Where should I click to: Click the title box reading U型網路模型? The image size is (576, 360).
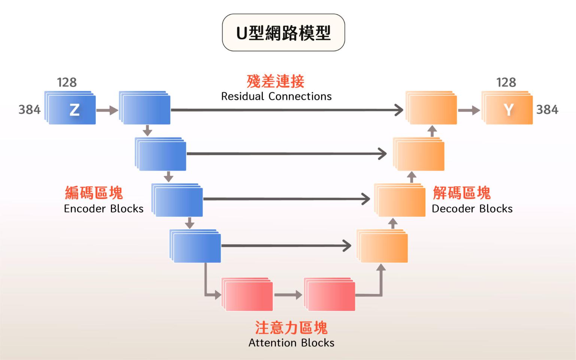(x=284, y=33)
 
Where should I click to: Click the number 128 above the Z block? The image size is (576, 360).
(x=67, y=82)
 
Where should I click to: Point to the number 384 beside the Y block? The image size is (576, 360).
(x=547, y=110)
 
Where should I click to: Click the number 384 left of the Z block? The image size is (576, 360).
(x=30, y=110)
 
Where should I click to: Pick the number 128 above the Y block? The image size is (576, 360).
(x=506, y=82)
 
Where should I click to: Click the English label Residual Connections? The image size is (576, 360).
(x=276, y=97)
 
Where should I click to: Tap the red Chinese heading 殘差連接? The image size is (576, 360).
(x=276, y=81)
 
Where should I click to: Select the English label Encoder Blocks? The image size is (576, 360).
(x=104, y=209)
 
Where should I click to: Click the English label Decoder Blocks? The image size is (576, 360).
(x=472, y=209)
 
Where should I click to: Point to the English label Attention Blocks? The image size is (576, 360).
(x=291, y=343)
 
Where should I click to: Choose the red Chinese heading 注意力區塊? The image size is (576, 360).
(x=291, y=328)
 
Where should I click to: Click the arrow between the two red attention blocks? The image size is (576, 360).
(x=288, y=295)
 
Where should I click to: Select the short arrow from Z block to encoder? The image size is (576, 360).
(x=107, y=110)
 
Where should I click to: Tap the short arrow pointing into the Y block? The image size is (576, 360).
(x=469, y=110)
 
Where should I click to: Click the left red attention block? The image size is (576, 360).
(x=248, y=295)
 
